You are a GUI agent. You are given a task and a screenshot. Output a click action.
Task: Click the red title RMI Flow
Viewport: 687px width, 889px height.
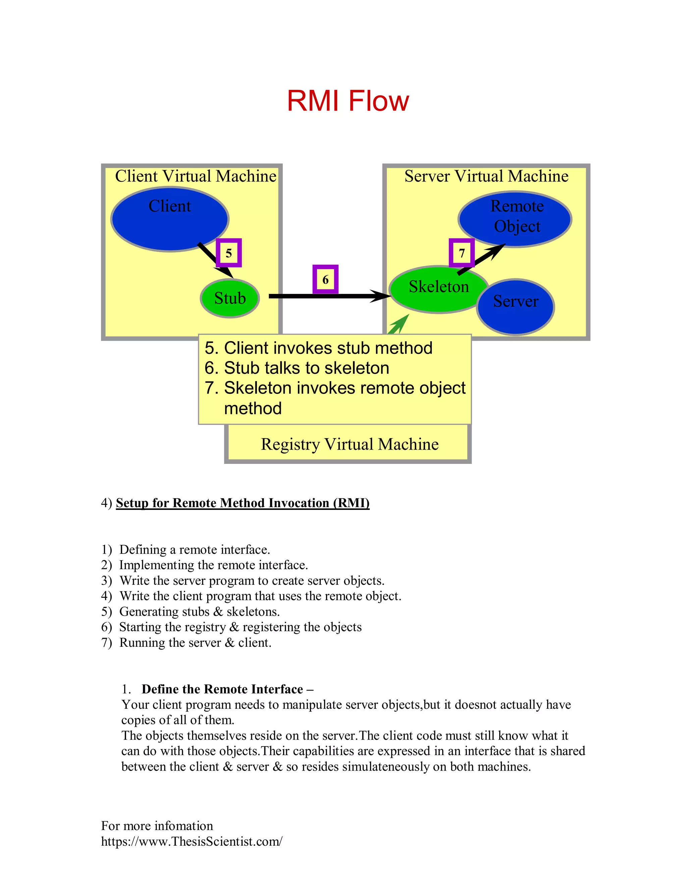pos(348,101)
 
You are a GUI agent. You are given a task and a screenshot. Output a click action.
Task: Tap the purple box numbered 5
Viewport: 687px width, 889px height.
pos(229,253)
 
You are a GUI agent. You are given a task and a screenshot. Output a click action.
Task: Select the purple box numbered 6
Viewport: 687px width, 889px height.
pos(325,279)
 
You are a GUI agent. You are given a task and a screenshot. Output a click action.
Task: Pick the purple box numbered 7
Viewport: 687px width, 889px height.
pos(462,253)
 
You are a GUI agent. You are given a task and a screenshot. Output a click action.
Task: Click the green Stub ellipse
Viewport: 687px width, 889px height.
pos(229,298)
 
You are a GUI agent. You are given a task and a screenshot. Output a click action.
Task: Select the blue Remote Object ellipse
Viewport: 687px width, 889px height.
pos(515,219)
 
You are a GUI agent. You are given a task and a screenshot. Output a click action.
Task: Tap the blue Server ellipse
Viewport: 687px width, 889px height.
pos(516,307)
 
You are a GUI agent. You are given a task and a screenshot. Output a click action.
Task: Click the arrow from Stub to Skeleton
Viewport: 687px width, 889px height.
pos(326,296)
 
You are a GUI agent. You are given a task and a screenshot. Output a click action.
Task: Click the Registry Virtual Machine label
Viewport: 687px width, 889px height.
pos(350,444)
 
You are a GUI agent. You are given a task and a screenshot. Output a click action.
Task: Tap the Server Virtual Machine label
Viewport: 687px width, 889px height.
pos(486,176)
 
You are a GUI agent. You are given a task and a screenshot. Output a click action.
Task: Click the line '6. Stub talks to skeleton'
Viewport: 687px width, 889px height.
pos(297,368)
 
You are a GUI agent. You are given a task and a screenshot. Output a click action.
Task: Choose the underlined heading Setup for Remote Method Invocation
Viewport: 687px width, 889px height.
pos(243,503)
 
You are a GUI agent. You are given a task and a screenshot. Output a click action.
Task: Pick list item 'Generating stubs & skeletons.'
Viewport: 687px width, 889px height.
pos(199,611)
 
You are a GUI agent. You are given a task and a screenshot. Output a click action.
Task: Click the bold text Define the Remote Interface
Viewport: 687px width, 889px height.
pos(222,689)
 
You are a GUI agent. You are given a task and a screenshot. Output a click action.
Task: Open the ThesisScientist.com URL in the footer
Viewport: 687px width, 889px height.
pos(192,841)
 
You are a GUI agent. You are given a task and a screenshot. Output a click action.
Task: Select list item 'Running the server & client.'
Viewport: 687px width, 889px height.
pos(195,642)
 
